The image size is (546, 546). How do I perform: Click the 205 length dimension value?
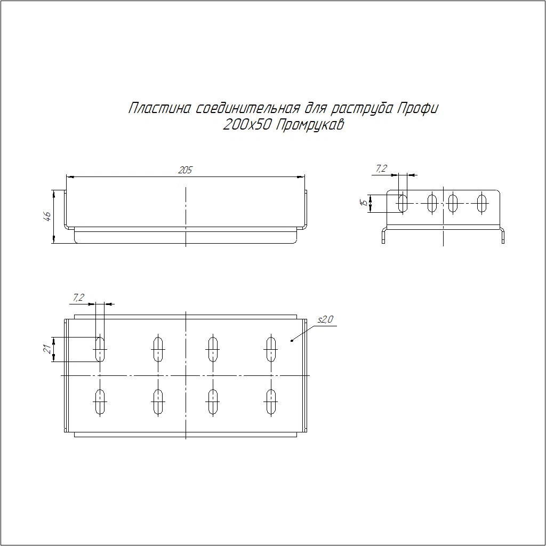tap(185, 170)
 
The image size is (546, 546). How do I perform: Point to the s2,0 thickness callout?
tap(325, 319)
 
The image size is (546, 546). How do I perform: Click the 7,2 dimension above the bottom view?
tap(78, 298)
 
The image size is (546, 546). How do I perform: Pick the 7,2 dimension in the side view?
tap(381, 168)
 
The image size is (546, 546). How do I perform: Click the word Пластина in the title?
tap(160, 108)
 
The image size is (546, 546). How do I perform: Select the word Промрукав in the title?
tap(310, 125)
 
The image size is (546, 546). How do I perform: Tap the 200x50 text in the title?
tap(247, 125)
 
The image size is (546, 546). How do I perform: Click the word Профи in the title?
tap(417, 108)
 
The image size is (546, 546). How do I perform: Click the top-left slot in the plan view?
tap(100, 349)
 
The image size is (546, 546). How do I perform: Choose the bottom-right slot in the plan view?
tap(270, 402)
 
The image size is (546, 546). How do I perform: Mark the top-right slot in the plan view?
tap(270, 349)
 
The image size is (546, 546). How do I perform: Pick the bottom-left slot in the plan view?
tap(100, 402)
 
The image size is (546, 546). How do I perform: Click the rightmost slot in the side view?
tap(481, 203)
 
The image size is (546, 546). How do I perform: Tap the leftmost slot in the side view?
tap(403, 203)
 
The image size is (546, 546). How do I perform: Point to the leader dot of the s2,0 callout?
tap(292, 340)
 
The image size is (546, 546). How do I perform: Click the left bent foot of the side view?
tap(384, 235)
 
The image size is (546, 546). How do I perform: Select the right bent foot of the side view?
tap(502, 235)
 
